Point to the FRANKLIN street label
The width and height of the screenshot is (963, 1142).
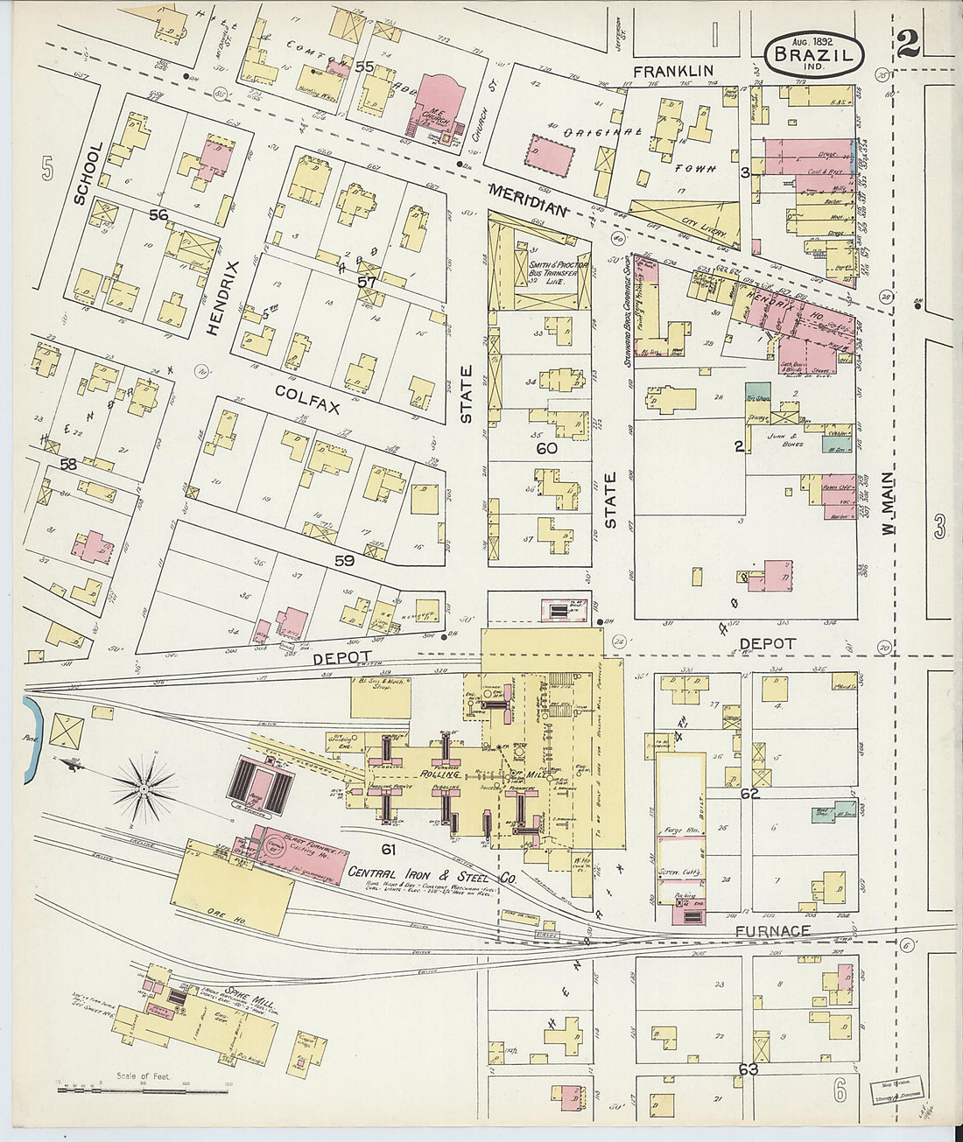coord(673,70)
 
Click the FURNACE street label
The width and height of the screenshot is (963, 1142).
coord(771,931)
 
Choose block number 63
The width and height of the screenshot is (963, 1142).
coord(748,1068)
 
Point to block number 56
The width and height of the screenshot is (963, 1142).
coord(158,215)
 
